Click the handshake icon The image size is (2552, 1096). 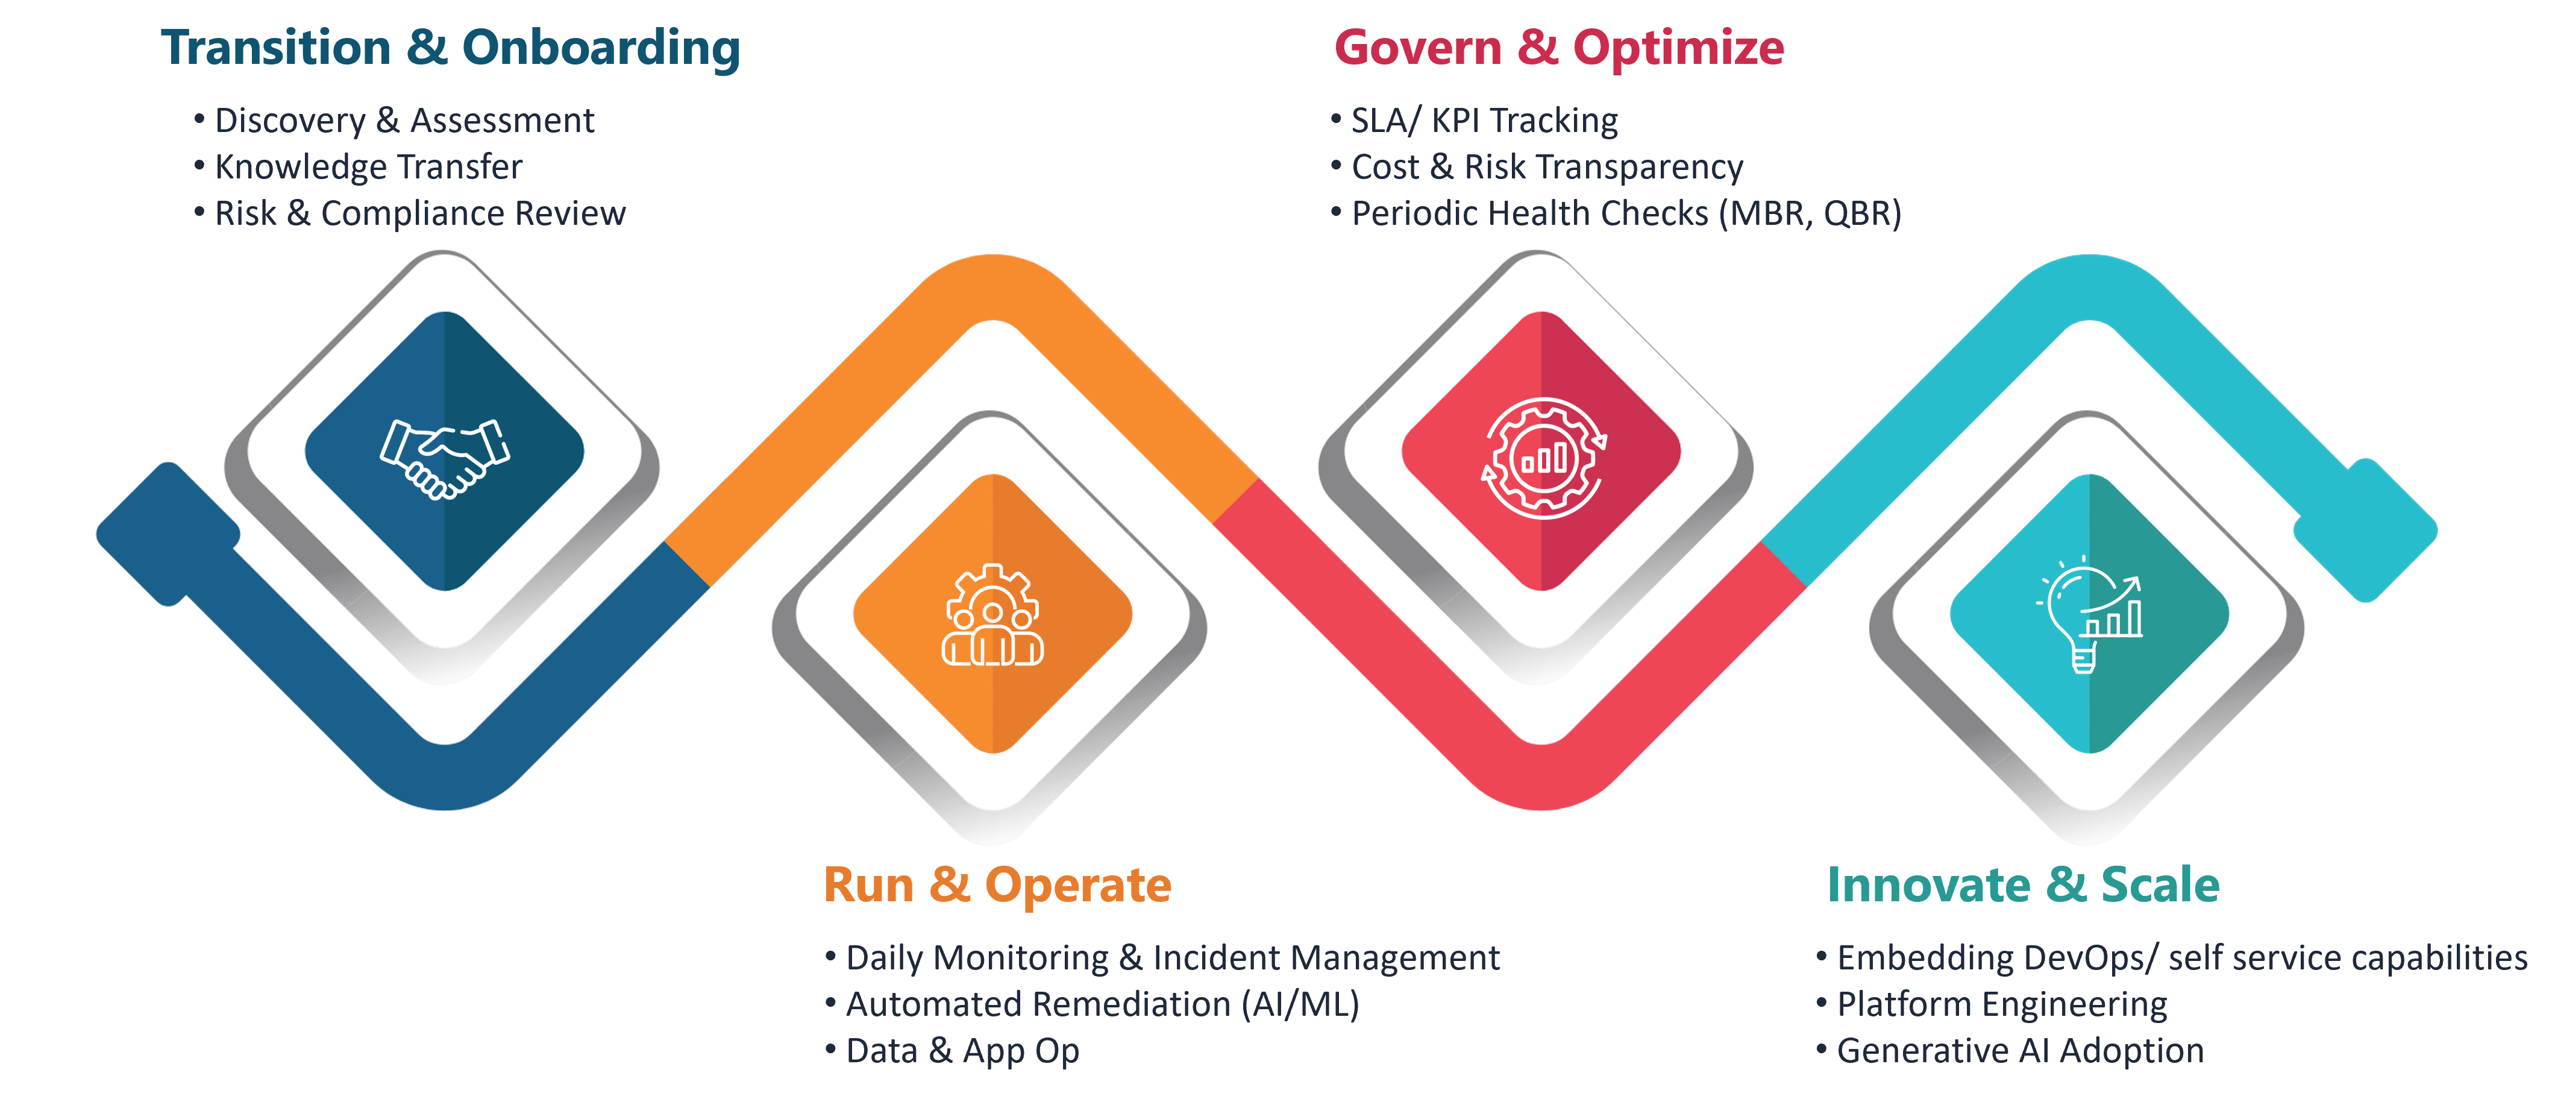445,458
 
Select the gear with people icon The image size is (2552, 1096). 992,616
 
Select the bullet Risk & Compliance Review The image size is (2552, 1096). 420,213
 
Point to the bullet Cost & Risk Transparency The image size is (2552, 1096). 1546,166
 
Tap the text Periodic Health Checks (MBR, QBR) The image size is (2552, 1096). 1626,213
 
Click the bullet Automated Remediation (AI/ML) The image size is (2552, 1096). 1102,1004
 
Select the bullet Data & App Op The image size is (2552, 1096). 962,1050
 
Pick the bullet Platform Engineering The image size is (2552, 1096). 2001,1004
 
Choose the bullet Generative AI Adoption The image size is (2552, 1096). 2020,1050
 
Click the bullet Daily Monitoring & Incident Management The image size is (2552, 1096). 1172,957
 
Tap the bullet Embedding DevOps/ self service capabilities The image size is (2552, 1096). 2181,957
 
